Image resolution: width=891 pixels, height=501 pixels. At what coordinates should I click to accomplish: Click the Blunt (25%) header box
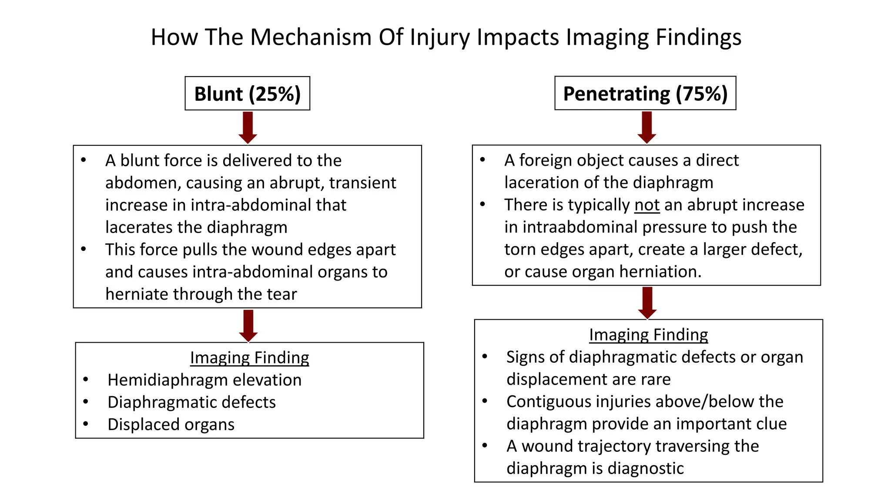coord(247,94)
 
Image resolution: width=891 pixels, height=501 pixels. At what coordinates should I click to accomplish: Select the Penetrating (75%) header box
coord(645,94)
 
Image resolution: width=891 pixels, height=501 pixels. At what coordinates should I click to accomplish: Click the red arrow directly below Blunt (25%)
coord(248,127)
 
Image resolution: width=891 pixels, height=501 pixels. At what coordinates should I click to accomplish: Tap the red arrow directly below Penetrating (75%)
coord(646,127)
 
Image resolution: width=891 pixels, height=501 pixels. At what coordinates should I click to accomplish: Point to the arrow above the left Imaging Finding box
coord(248,326)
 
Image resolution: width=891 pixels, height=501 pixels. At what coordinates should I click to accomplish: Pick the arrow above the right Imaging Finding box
coord(647,303)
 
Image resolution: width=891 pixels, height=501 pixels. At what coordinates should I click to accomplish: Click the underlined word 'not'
coord(647,205)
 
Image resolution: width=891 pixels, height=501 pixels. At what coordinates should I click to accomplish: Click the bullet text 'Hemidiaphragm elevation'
coord(204,380)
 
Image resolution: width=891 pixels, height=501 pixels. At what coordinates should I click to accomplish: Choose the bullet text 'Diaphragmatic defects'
coord(191,402)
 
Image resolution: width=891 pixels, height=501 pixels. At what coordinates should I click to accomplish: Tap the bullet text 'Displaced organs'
coord(171,424)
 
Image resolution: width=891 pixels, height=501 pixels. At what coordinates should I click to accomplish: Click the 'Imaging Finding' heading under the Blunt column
coord(249,357)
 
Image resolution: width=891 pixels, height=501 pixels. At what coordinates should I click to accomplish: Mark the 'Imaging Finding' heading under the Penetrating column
coord(648,335)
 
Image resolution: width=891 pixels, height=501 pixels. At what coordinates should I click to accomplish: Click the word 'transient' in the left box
coord(362,183)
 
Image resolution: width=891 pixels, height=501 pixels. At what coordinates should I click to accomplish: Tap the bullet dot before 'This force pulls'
coord(84,249)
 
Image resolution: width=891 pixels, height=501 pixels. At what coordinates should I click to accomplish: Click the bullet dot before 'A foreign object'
coord(482,160)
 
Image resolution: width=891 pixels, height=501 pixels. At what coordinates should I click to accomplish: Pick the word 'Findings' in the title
coord(698,37)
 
